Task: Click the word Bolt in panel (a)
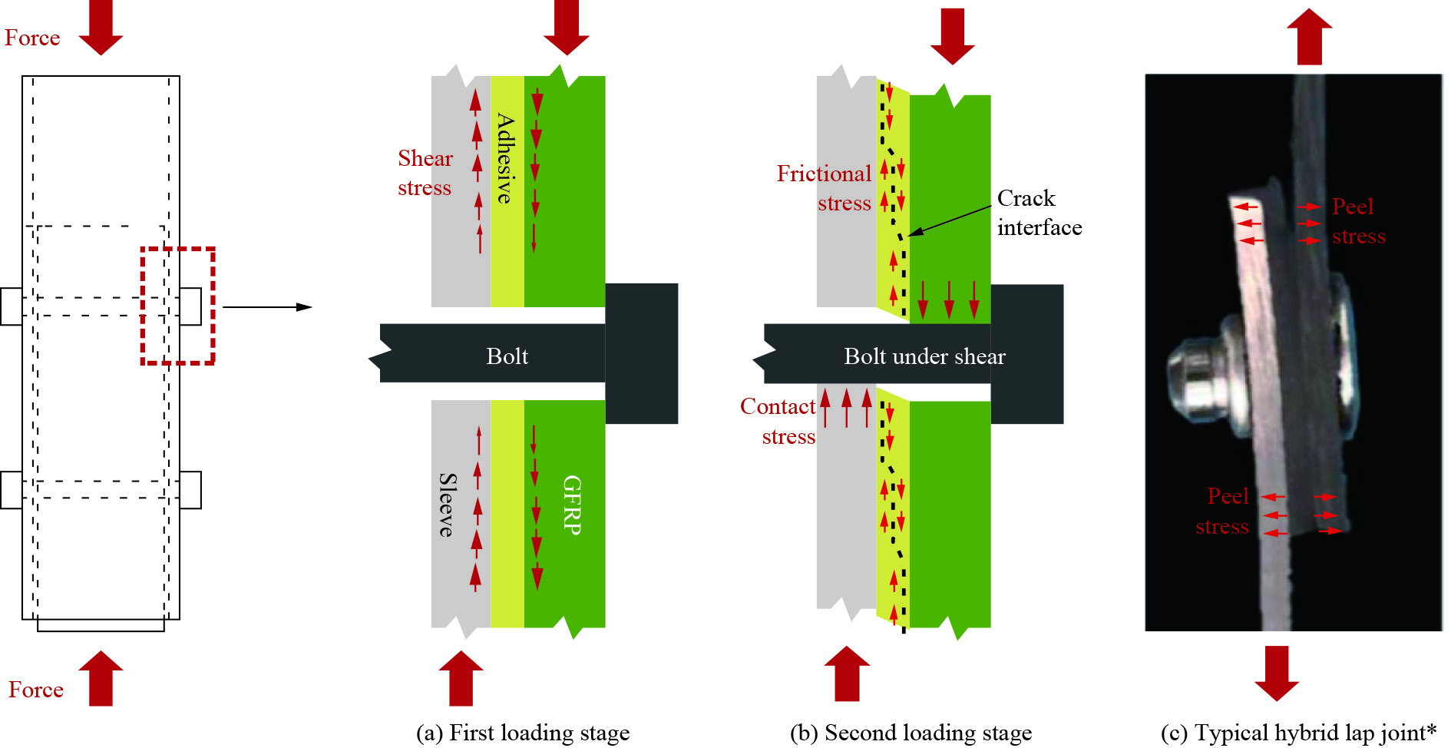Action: tap(507, 356)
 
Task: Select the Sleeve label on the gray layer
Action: tap(448, 504)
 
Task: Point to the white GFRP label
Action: tap(572, 504)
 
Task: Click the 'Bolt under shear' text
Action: tap(924, 356)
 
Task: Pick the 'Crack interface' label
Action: tap(1039, 213)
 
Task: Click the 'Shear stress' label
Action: tap(425, 173)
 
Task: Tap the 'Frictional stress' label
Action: tap(825, 188)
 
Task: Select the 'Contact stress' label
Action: tap(778, 421)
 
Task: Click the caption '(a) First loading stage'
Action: tap(523, 733)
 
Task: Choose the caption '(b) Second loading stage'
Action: tap(911, 733)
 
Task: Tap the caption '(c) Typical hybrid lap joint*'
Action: tap(1298, 733)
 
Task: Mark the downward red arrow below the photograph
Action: tap(1277, 673)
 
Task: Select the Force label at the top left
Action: tap(32, 38)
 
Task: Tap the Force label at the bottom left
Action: tap(36, 690)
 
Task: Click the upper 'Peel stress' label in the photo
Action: tap(1357, 221)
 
